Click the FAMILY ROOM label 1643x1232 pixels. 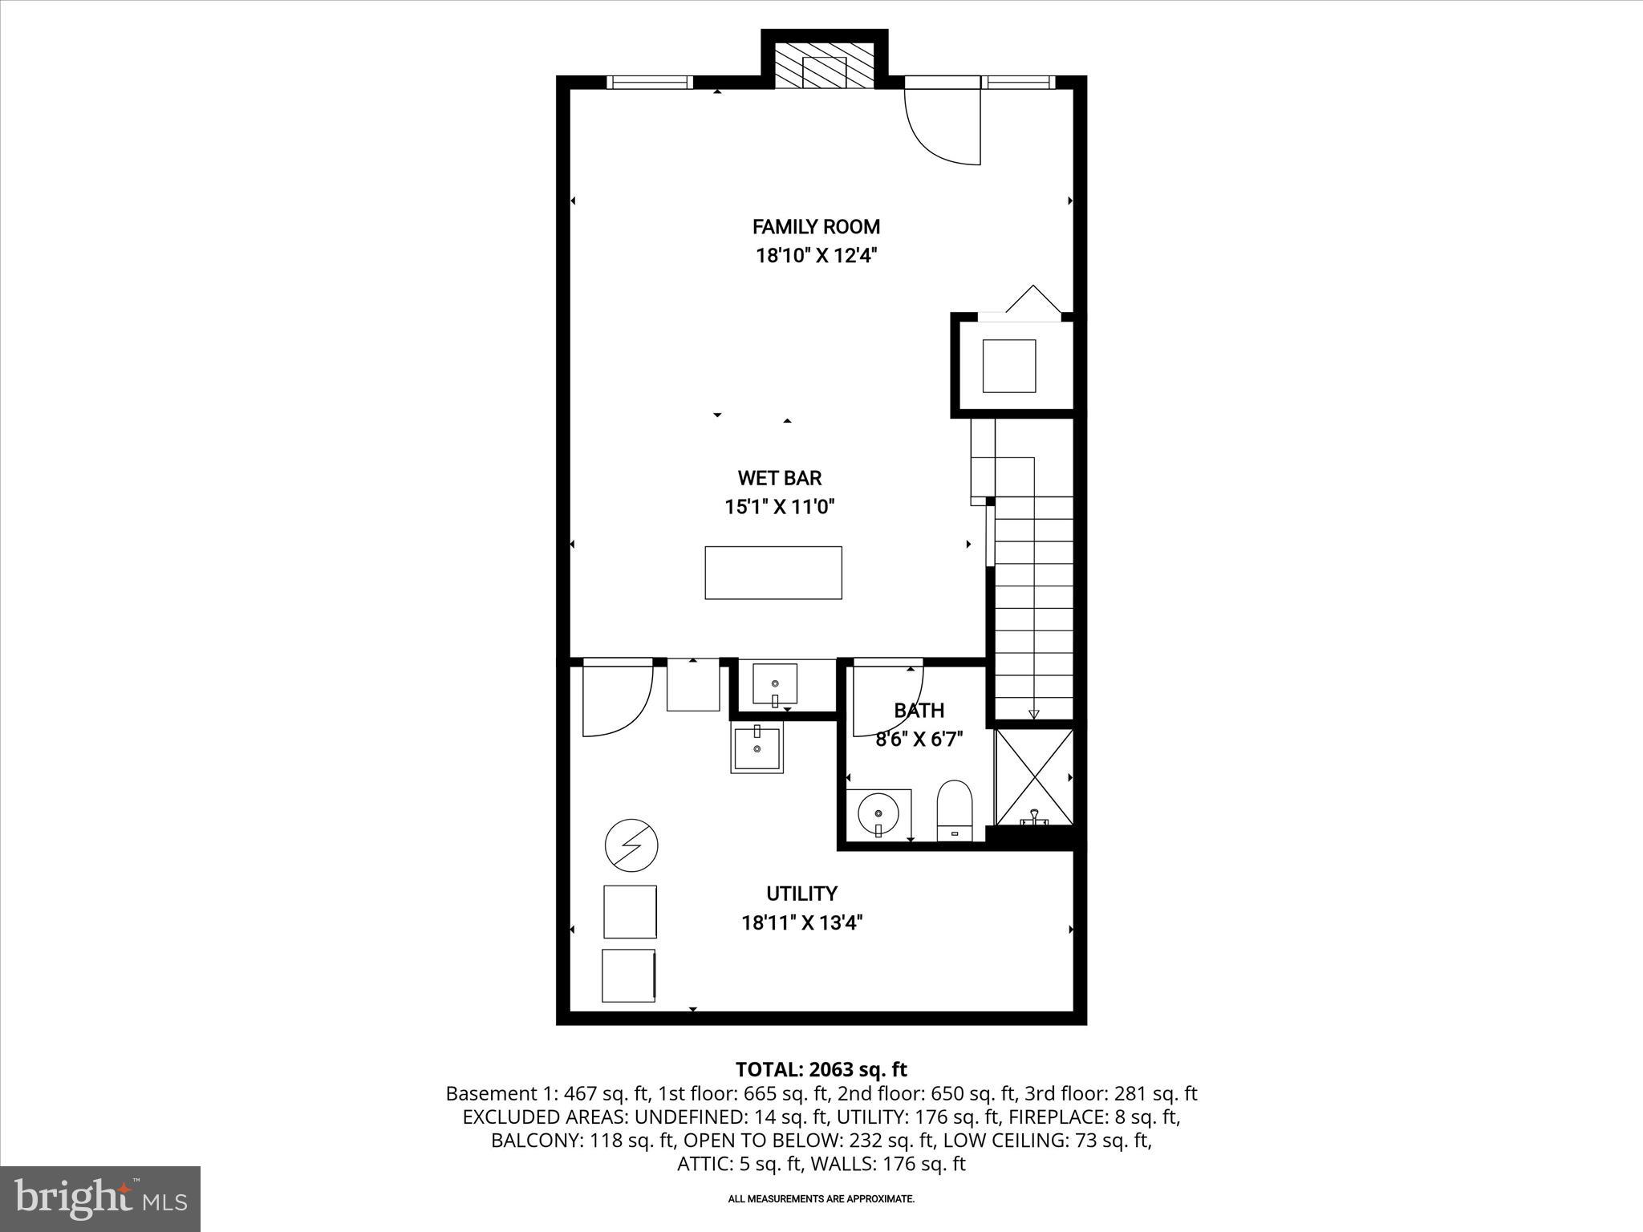[x=816, y=226]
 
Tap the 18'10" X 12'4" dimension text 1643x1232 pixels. [x=816, y=256]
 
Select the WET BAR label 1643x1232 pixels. [x=779, y=478]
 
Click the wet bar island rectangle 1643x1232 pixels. [x=773, y=573]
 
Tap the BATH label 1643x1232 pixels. [x=919, y=710]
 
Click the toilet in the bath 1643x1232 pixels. [x=954, y=810]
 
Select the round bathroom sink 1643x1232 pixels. [x=878, y=813]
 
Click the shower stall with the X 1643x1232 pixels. [x=1034, y=776]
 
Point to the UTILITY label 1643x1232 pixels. [x=801, y=894]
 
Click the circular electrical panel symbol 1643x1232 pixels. [x=631, y=845]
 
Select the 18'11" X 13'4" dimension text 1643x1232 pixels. [x=801, y=923]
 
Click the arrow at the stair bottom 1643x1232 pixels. [x=1033, y=713]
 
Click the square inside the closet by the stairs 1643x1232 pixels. [x=1008, y=366]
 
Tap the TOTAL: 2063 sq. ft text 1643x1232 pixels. [x=821, y=1069]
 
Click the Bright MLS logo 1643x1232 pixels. [x=100, y=1198]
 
